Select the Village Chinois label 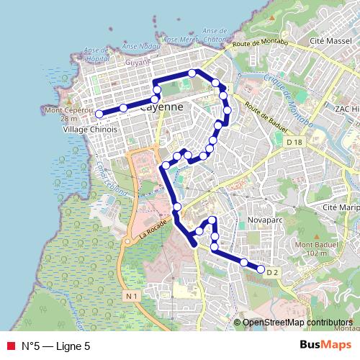click(x=91, y=130)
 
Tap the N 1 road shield click(x=130, y=296)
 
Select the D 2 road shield click(x=271, y=273)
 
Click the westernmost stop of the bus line click(x=99, y=114)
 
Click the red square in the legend click(x=10, y=346)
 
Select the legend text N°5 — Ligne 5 click(x=56, y=346)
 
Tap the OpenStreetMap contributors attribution click(x=297, y=323)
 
